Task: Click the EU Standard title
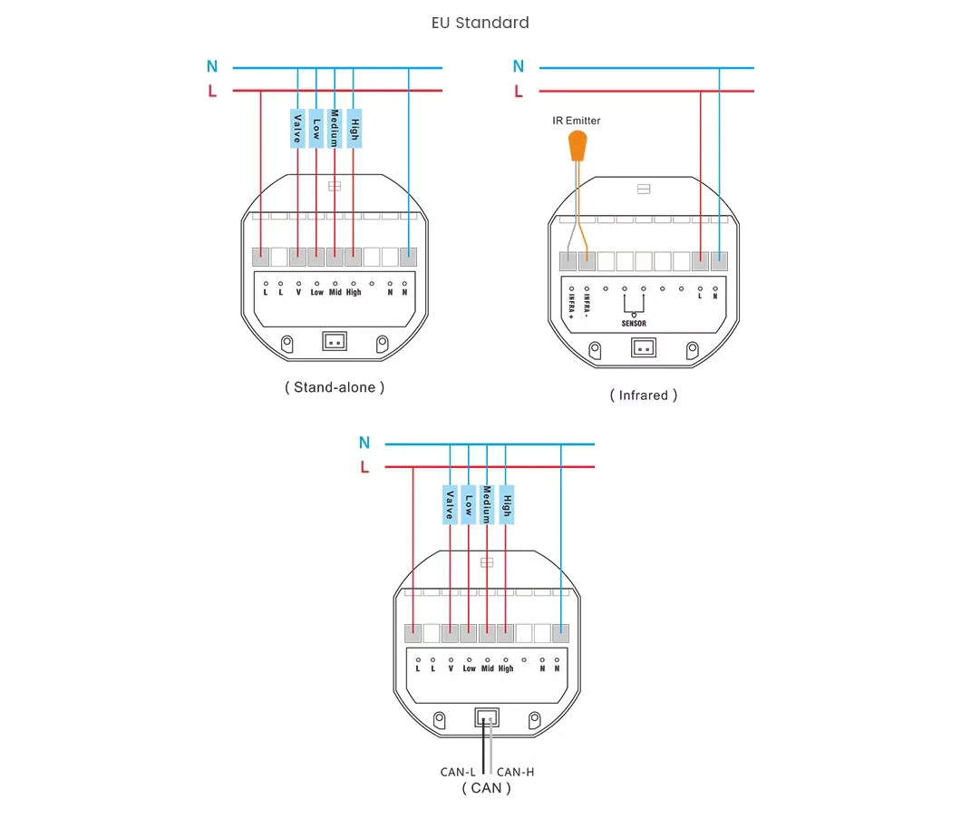[x=480, y=23]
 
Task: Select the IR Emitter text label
[x=577, y=121]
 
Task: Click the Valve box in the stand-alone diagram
[x=296, y=129]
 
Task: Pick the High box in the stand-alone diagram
[x=354, y=129]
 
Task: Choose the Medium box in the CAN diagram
[x=487, y=504]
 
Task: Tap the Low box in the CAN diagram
[x=469, y=504]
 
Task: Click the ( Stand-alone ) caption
[x=335, y=387]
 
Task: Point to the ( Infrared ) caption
[x=643, y=395]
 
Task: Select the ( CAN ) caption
[x=486, y=788]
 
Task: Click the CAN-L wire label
[x=458, y=772]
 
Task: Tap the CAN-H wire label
[x=516, y=772]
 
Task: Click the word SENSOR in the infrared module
[x=634, y=323]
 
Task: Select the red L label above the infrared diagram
[x=519, y=91]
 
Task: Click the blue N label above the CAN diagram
[x=364, y=443]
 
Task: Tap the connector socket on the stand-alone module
[x=335, y=341]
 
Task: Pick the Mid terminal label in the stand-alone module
[x=335, y=292]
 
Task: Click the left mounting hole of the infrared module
[x=596, y=349]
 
